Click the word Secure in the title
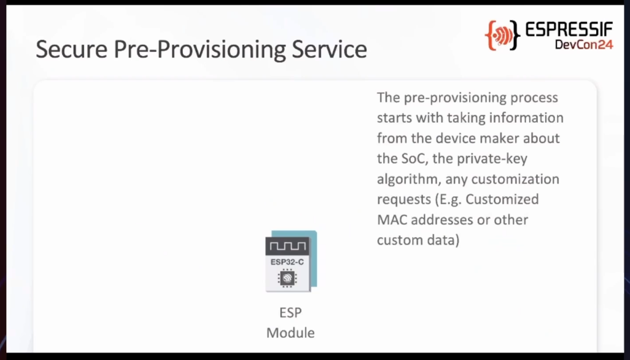tap(71, 49)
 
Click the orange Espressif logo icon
tap(502, 36)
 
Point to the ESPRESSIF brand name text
tap(569, 29)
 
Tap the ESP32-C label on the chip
tap(287, 262)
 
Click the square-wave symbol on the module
tap(287, 246)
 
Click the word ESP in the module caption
tap(290, 313)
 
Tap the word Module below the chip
tap(290, 333)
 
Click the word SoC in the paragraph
tap(412, 158)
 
